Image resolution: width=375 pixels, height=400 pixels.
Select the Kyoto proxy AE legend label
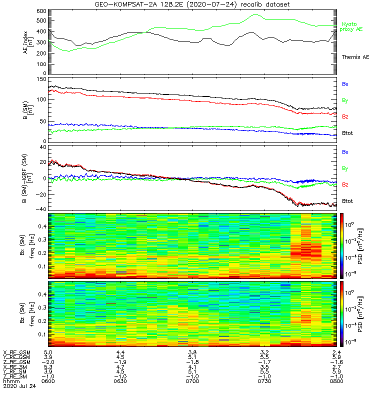tap(353, 27)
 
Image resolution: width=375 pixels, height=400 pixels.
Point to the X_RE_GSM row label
tap(16, 353)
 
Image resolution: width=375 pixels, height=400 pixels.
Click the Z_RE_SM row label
tap(15, 376)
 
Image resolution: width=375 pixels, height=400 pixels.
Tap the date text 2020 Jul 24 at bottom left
tap(19, 386)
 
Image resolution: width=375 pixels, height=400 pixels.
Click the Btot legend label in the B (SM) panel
tap(348, 133)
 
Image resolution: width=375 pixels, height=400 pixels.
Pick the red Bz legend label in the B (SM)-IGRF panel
tap(345, 185)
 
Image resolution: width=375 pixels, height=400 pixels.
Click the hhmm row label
tap(11, 381)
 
